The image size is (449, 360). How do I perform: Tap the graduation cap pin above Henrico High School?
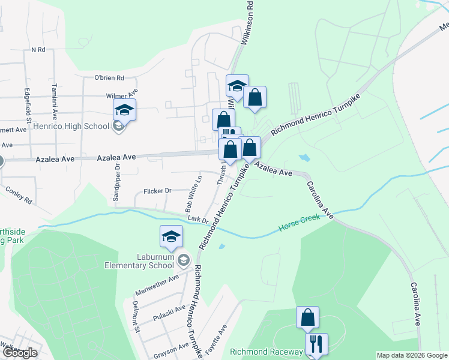tap(124, 109)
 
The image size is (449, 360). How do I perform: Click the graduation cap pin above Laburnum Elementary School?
tap(171, 236)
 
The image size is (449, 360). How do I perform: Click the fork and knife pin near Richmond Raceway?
tap(316, 344)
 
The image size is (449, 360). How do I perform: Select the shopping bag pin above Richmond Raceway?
tap(307, 317)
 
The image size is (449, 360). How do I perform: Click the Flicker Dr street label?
tap(158, 191)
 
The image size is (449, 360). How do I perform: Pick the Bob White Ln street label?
tap(194, 193)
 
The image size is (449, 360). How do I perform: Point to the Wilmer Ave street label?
tap(122, 95)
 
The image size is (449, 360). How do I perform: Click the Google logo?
tap(19, 353)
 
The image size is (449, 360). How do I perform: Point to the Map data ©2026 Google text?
tap(412, 355)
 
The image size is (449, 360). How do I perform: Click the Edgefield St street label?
tap(28, 100)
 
